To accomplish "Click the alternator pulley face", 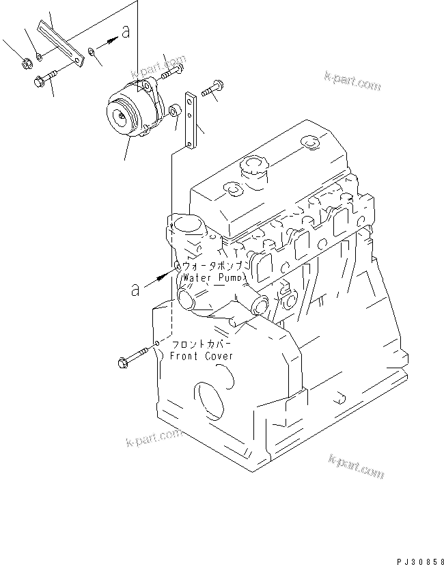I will (x=121, y=117).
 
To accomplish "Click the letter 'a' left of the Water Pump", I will (x=137, y=290).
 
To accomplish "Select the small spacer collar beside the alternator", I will (x=175, y=109).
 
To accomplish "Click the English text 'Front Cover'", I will (x=202, y=356).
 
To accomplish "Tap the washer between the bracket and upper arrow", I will (x=92, y=50).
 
